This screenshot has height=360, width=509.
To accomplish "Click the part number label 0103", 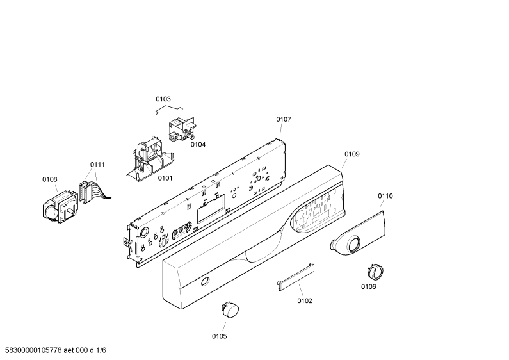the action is tap(163, 99).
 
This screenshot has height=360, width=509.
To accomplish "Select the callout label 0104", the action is tap(198, 145).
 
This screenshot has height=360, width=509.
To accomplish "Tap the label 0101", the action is tap(165, 178).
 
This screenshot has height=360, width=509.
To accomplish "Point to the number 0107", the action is tap(284, 119).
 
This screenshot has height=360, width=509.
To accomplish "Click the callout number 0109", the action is tap(352, 154).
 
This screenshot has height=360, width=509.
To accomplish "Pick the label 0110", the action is tap(385, 196).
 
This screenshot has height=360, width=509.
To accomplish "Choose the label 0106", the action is tap(368, 286).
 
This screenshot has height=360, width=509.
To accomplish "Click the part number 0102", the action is tap(305, 301).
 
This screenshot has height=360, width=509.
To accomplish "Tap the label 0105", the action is tap(219, 336).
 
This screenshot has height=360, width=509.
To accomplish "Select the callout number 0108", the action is tap(50, 179).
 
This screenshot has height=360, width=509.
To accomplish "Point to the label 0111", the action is tap(97, 165).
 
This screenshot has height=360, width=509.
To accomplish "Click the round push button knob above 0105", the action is tap(230, 309).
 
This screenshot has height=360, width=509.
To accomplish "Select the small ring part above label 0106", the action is tap(376, 272).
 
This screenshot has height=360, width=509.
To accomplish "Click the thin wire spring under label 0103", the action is tap(169, 110).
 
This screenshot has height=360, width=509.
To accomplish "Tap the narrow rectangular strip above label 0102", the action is tap(296, 277).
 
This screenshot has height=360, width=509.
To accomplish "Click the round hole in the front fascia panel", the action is tap(205, 281).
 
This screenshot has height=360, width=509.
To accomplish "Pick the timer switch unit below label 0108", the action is tap(61, 207).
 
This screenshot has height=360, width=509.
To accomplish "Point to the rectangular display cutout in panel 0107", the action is tap(211, 209).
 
